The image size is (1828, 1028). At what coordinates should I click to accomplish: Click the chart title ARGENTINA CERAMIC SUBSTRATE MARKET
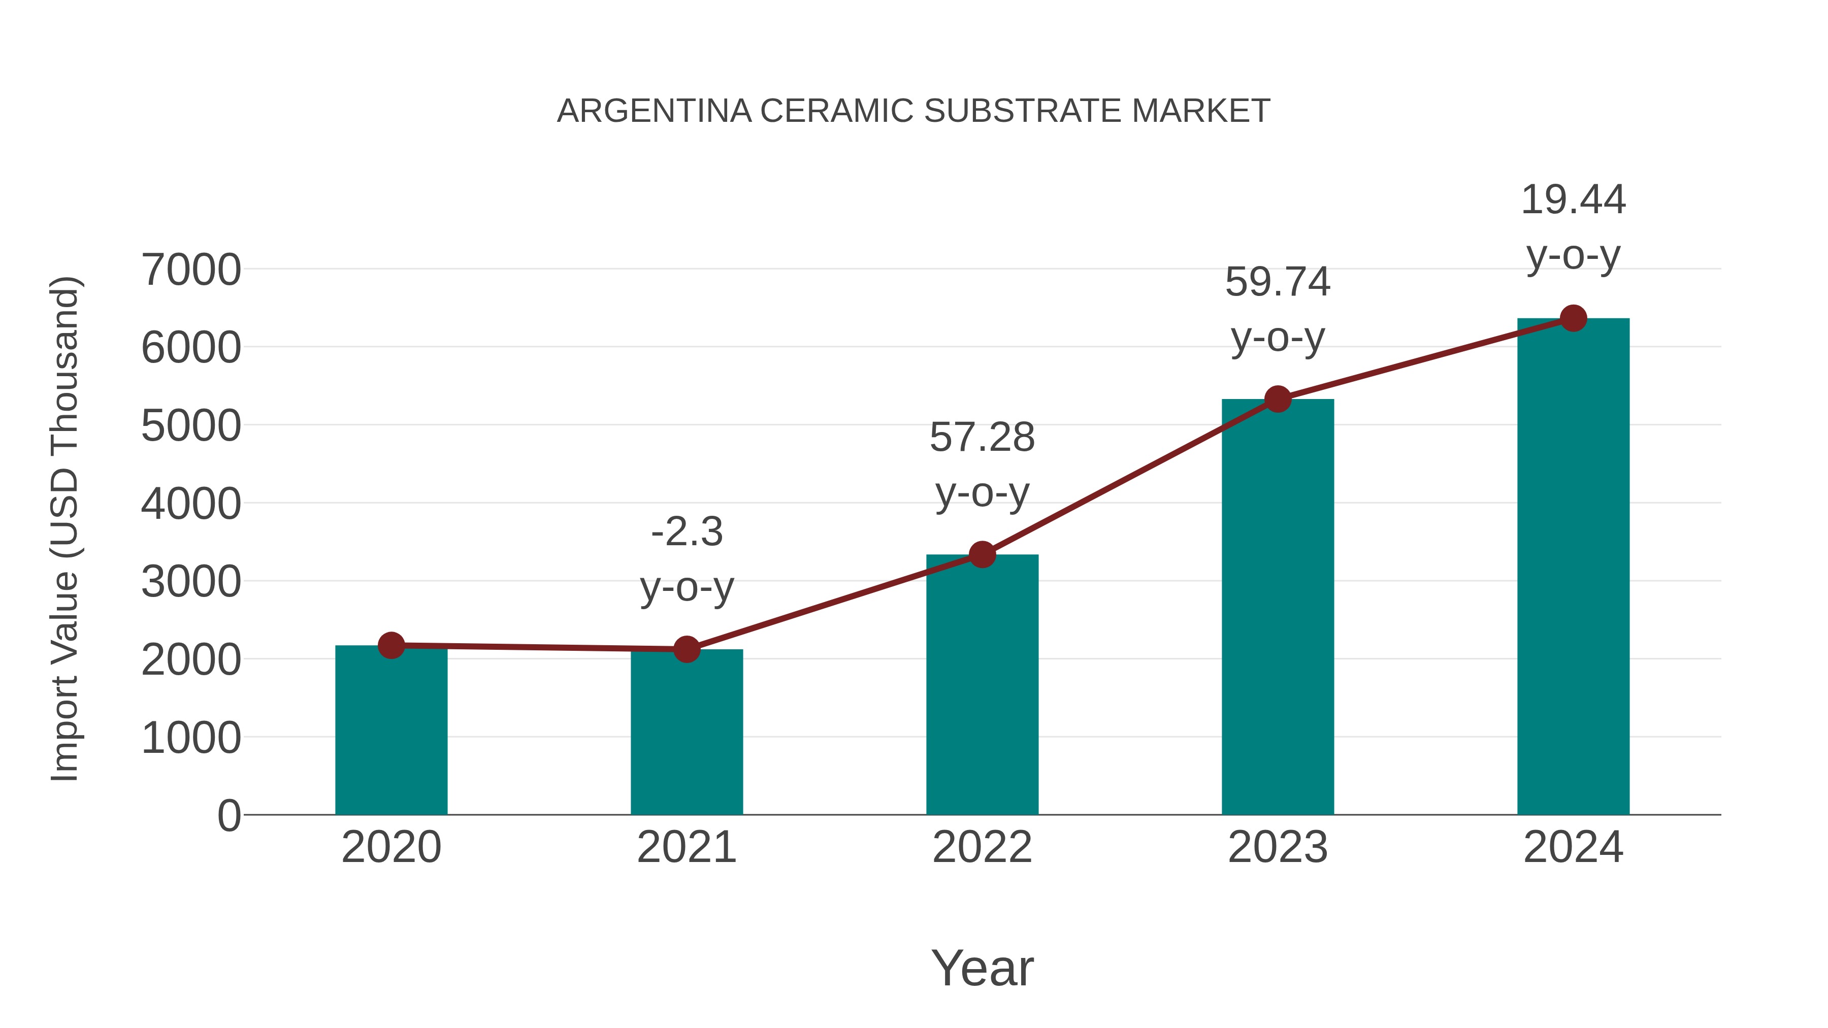[x=913, y=111]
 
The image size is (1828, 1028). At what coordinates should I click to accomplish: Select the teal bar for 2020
[x=391, y=731]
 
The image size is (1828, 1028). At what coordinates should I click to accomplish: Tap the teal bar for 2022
[x=982, y=685]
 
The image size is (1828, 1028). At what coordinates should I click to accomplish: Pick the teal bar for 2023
[x=1278, y=607]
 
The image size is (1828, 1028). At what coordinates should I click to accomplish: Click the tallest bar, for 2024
[x=1573, y=568]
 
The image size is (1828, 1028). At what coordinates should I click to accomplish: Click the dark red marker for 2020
[x=391, y=645]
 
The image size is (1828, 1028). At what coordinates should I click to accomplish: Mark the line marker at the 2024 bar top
[x=1573, y=318]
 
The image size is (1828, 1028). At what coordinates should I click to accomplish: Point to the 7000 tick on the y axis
[x=191, y=270]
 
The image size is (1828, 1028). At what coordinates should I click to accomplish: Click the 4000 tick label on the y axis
[x=191, y=505]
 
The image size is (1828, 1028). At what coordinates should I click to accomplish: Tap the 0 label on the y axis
[x=228, y=816]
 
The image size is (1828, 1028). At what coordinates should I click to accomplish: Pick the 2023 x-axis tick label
[x=1278, y=847]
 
